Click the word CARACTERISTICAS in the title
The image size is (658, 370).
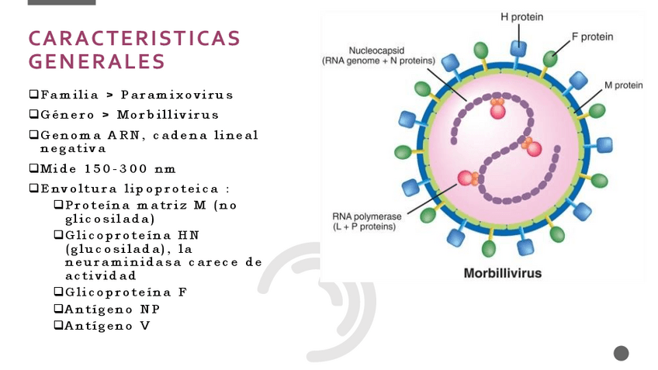pos(134,39)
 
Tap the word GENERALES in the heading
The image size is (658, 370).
pos(97,61)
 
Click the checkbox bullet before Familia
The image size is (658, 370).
pos(33,95)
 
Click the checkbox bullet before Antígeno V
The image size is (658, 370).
pos(58,325)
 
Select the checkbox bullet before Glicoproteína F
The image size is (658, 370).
pos(58,292)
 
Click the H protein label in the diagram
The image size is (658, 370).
pos(521,17)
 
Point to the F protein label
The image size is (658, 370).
pos(592,36)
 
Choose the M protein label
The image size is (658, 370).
pos(623,85)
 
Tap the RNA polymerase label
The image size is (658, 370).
pos(366,217)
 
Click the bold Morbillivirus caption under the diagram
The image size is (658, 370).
pos(502,273)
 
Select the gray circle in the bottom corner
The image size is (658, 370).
pos(621,354)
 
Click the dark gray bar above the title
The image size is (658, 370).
pos(61,2)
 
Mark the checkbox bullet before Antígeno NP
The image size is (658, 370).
pos(58,309)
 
